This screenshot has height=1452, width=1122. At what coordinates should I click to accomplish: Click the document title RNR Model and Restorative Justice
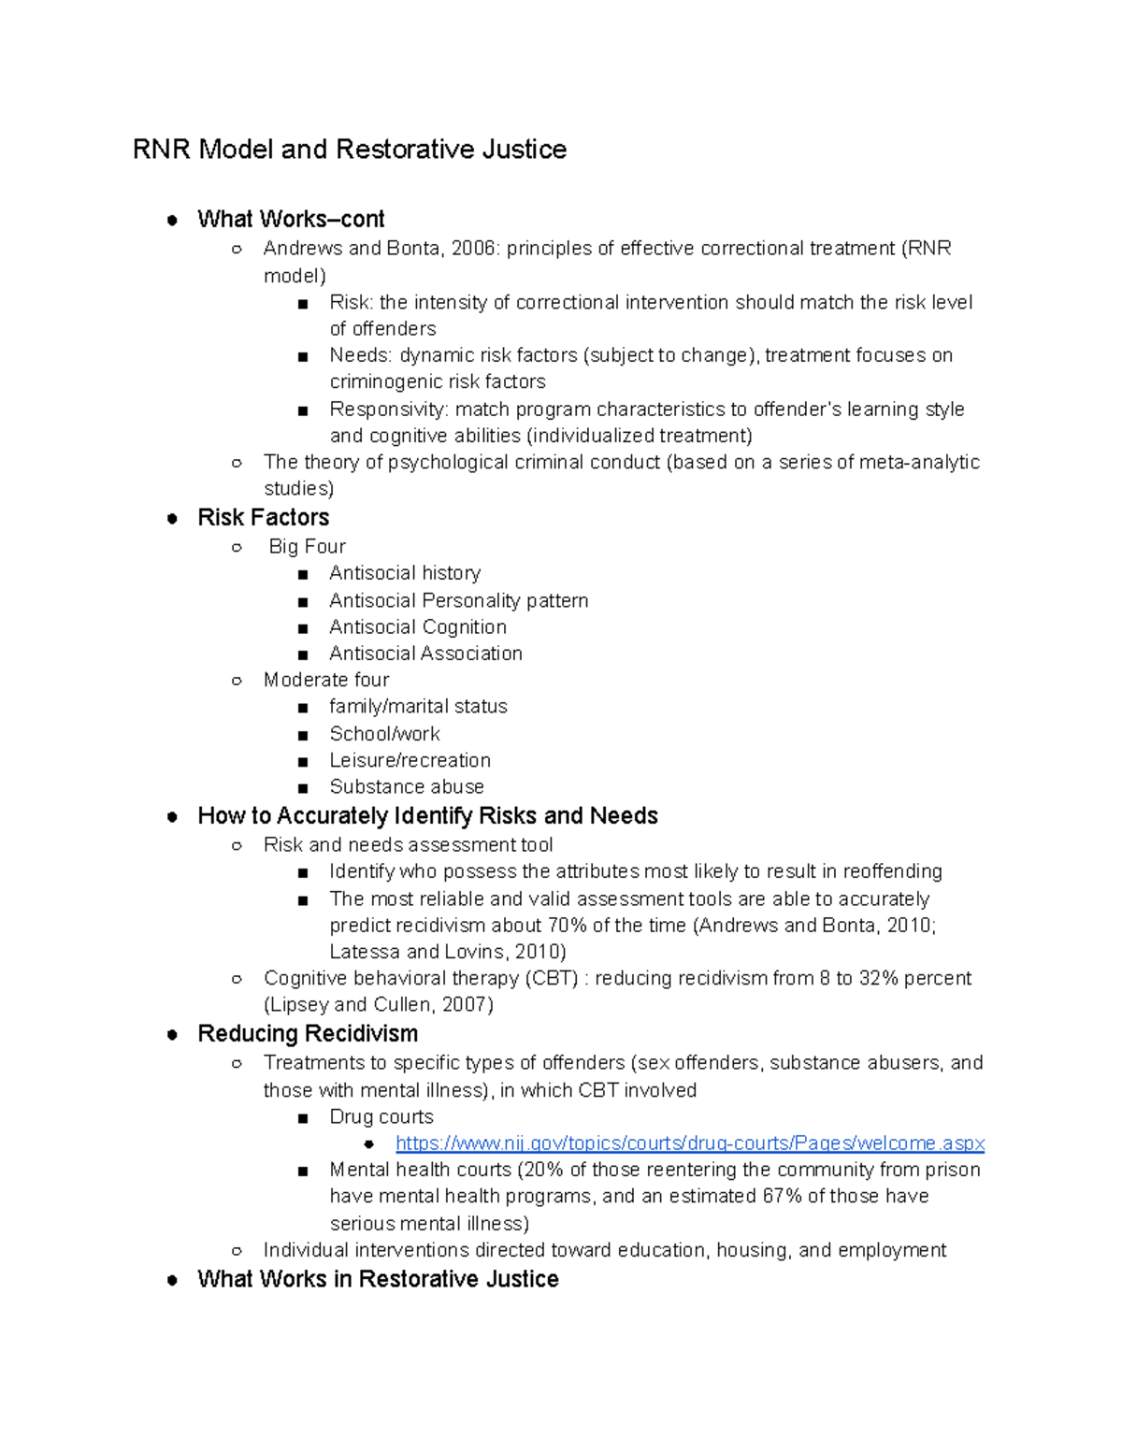pos(349,150)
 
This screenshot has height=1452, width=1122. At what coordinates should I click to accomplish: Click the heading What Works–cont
pos(291,220)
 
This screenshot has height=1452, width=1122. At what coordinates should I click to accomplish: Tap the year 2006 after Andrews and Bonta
pos(474,249)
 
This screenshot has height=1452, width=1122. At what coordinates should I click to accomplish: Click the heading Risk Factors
pos(263,518)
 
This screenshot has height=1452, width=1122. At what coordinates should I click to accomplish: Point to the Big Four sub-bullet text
pos(307,547)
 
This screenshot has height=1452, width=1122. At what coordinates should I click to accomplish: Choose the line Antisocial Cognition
pos(417,627)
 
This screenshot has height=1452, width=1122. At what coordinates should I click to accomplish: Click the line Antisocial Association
pos(425,654)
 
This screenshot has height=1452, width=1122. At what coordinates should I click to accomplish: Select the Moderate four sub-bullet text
pos(326,680)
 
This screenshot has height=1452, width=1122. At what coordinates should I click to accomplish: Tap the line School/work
pos(384,734)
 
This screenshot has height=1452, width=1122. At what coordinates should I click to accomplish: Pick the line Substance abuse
pos(406,787)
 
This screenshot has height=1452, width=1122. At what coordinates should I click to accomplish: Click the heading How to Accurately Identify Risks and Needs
pos(427,816)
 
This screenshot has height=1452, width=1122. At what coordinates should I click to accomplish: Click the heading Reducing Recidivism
pos(308,1034)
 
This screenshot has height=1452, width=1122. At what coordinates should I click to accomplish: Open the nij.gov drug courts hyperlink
pos(690,1143)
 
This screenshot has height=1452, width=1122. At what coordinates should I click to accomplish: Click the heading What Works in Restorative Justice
pos(378,1279)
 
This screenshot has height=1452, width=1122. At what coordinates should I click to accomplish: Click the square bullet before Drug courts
pos(302,1118)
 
